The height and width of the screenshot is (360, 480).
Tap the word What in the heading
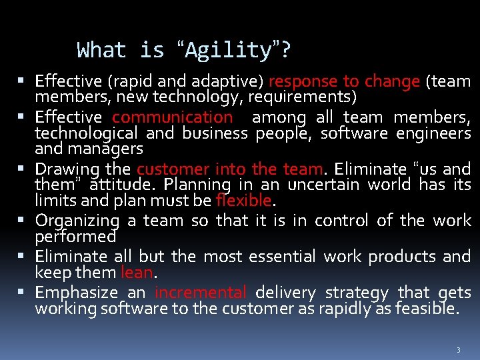point(101,50)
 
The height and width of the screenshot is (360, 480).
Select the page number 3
point(459,350)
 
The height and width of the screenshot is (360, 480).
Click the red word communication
point(173,117)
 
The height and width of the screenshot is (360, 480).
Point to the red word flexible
point(243,200)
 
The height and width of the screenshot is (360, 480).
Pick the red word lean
point(137,272)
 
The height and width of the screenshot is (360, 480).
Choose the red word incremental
point(201,293)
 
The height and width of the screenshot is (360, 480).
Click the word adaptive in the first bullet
point(227,82)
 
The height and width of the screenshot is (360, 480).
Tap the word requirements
point(303,97)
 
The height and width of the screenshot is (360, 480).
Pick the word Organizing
point(77,221)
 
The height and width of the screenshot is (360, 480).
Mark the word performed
point(75,236)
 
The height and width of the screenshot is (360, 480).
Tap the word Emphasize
point(76,293)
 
